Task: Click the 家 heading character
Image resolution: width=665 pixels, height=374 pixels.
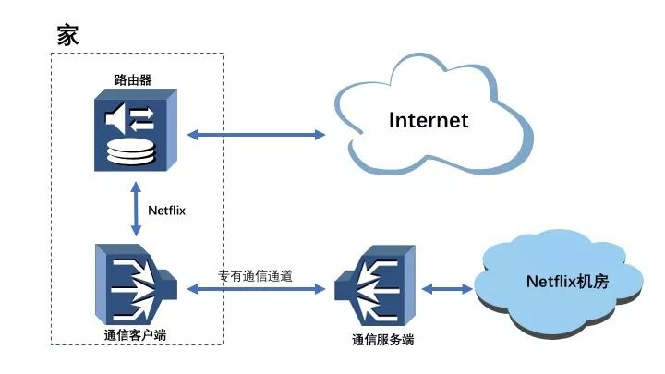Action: pyautogui.click(x=67, y=36)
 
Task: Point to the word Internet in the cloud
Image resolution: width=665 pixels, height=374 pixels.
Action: pyautogui.click(x=429, y=120)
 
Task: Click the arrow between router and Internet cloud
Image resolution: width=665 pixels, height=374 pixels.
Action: pyautogui.click(x=256, y=135)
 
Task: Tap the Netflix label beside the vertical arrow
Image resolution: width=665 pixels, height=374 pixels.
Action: pyautogui.click(x=167, y=211)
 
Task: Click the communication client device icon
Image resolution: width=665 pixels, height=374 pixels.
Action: pyautogui.click(x=135, y=282)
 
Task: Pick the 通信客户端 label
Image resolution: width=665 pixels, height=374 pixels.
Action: pyautogui.click(x=136, y=333)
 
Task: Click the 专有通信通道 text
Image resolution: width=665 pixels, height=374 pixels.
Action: pyautogui.click(x=255, y=274)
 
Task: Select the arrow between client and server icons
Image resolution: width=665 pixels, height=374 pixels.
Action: pyautogui.click(x=256, y=289)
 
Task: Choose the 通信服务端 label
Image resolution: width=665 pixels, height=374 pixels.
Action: pyautogui.click(x=382, y=340)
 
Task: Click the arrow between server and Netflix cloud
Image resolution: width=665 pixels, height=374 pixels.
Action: pyautogui.click(x=447, y=289)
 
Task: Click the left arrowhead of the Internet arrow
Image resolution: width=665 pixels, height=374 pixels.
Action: pyautogui.click(x=192, y=135)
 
